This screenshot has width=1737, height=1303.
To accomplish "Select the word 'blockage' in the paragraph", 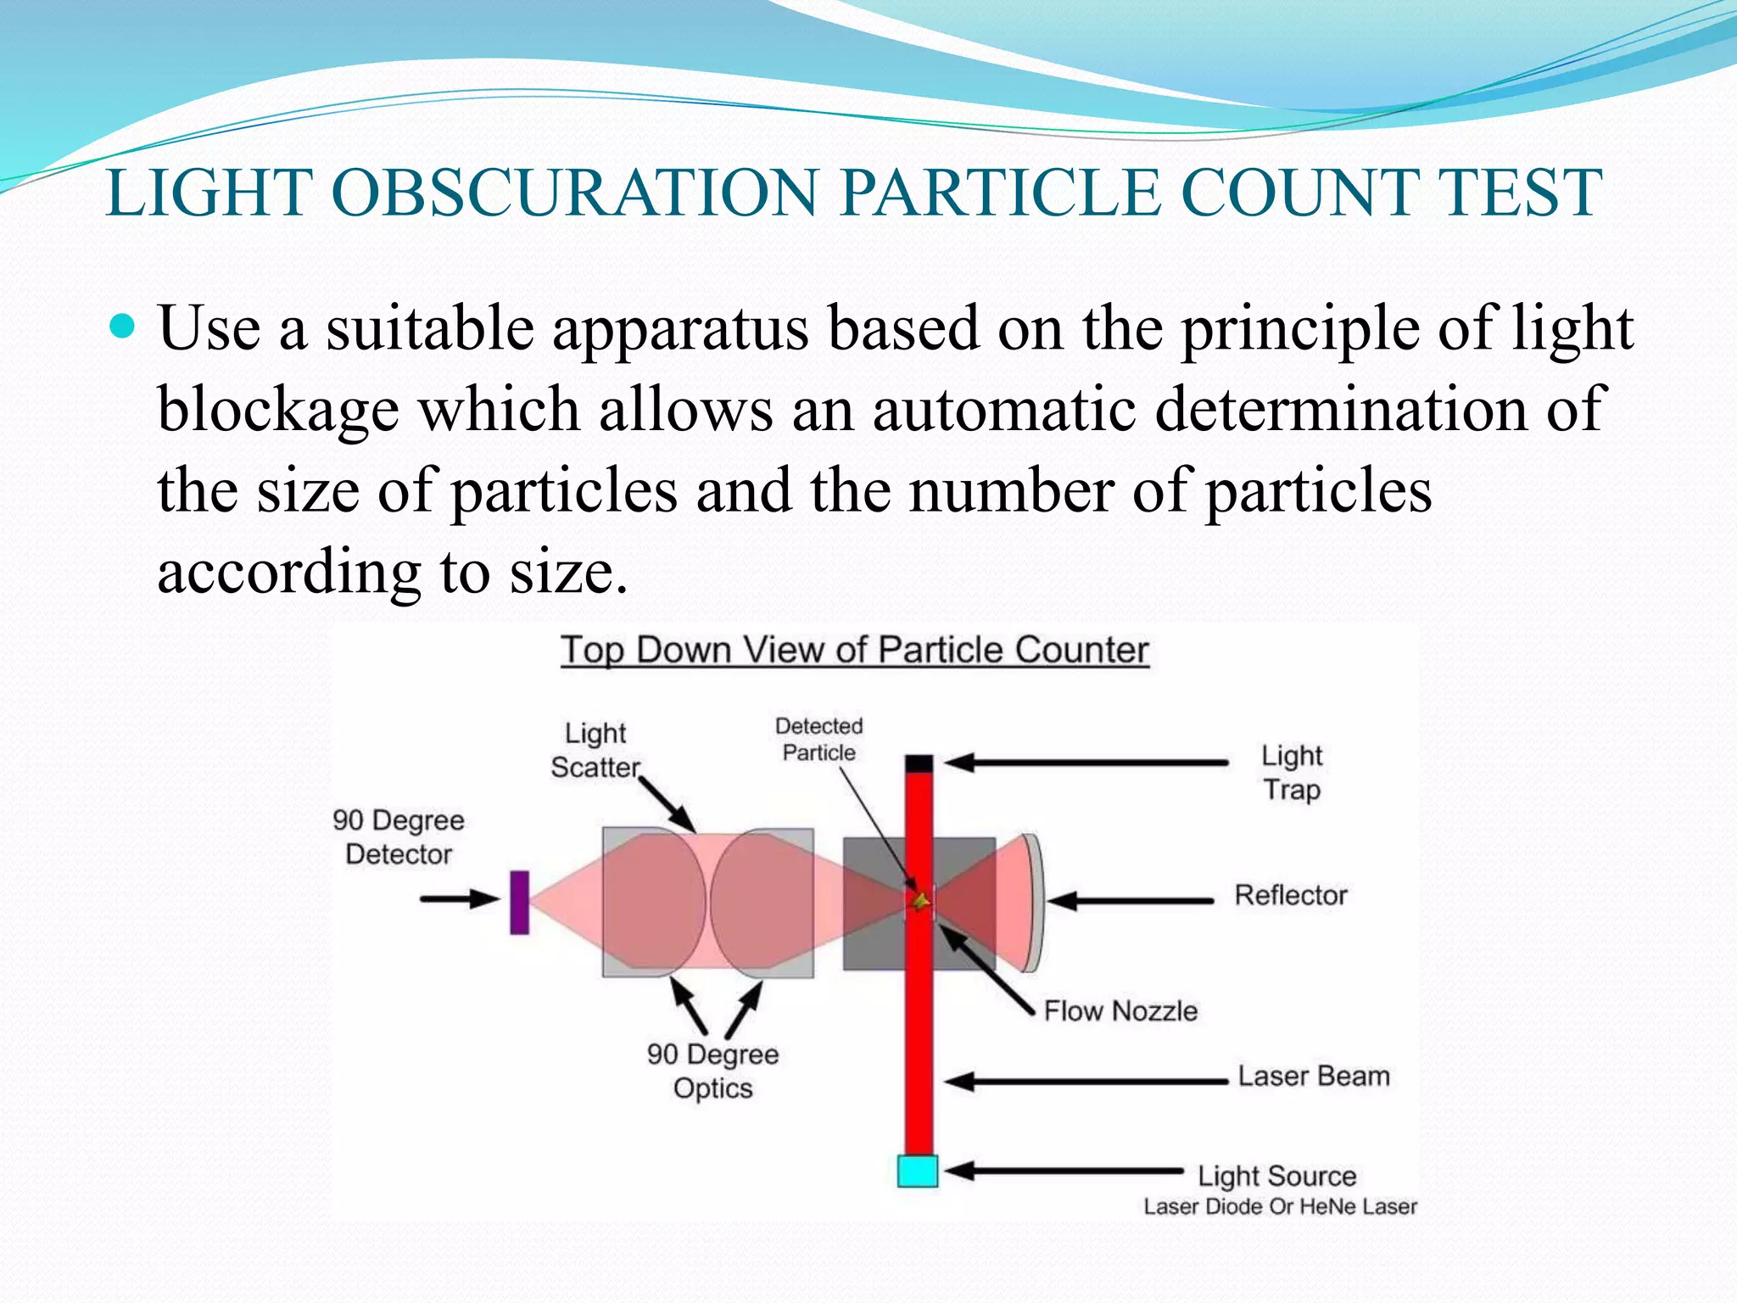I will (278, 410).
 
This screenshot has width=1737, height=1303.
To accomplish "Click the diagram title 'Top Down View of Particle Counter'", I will (854, 651).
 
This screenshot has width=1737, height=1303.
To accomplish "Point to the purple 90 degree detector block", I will (519, 902).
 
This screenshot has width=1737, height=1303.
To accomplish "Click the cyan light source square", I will (917, 1171).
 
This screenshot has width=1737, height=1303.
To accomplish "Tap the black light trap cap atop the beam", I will (919, 763).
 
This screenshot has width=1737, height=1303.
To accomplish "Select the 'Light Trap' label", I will (1291, 772).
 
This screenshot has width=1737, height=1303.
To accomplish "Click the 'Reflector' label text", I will (1290, 895).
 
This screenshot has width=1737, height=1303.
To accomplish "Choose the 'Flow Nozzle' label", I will (1120, 1010).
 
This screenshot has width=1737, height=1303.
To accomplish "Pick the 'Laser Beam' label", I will (1313, 1077).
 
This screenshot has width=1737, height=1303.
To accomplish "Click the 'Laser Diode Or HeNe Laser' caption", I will (1280, 1206).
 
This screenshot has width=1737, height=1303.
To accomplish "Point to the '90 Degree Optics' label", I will (712, 1071).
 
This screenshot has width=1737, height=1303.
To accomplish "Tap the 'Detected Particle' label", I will (818, 739).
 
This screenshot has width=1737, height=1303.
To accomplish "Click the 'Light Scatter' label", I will (595, 750).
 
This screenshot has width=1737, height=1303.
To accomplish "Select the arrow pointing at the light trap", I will (1086, 763).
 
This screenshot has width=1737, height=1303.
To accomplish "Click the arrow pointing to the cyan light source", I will (1064, 1172).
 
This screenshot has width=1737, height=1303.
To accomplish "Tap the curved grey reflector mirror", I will (1033, 902).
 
